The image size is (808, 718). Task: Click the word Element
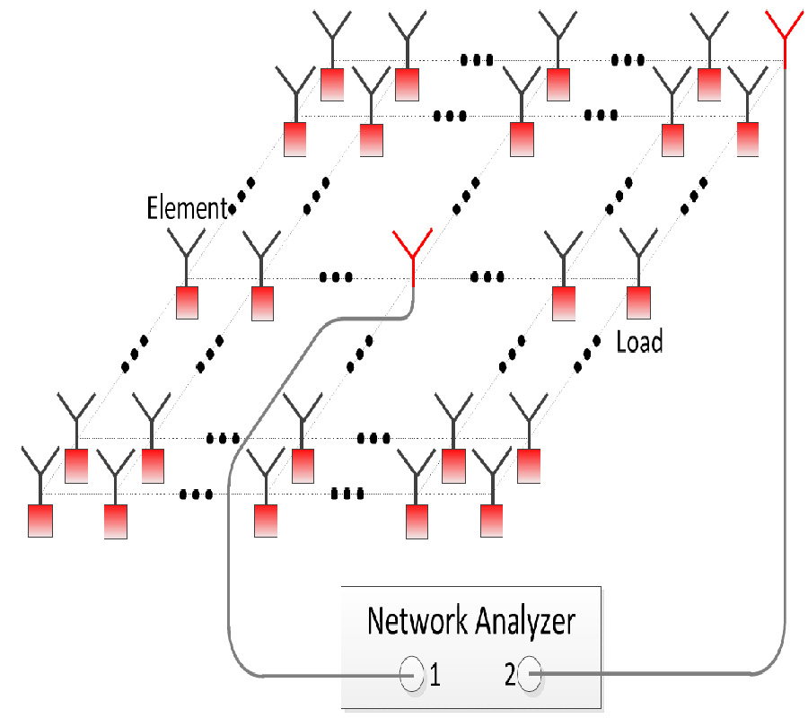coord(187,209)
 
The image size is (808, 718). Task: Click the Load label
coord(639,342)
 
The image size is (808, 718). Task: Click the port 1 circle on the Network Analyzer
coord(411,673)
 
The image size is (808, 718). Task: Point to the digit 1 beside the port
coord(435,675)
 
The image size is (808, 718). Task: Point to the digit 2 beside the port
coord(510,675)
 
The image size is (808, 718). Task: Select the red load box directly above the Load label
coord(638,302)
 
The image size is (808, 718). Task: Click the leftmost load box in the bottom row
coord(40,521)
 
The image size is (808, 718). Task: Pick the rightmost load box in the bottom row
coord(491,521)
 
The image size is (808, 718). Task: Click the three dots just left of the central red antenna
coord(336,276)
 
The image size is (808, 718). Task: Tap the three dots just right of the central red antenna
coord(487,276)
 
